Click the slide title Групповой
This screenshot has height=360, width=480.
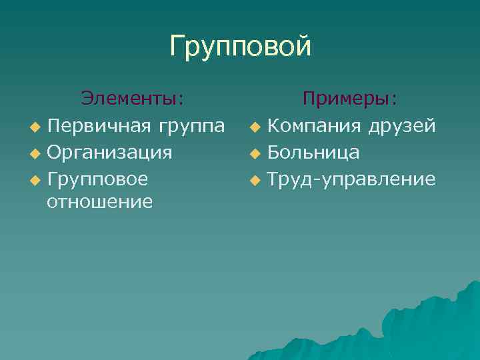click(x=240, y=47)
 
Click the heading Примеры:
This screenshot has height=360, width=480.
click(x=350, y=99)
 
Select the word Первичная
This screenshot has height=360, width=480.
click(x=99, y=125)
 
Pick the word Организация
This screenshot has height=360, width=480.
click(x=110, y=153)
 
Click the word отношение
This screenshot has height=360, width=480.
click(x=100, y=201)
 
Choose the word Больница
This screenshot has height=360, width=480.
click(x=313, y=153)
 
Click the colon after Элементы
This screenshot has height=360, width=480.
click(x=181, y=101)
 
